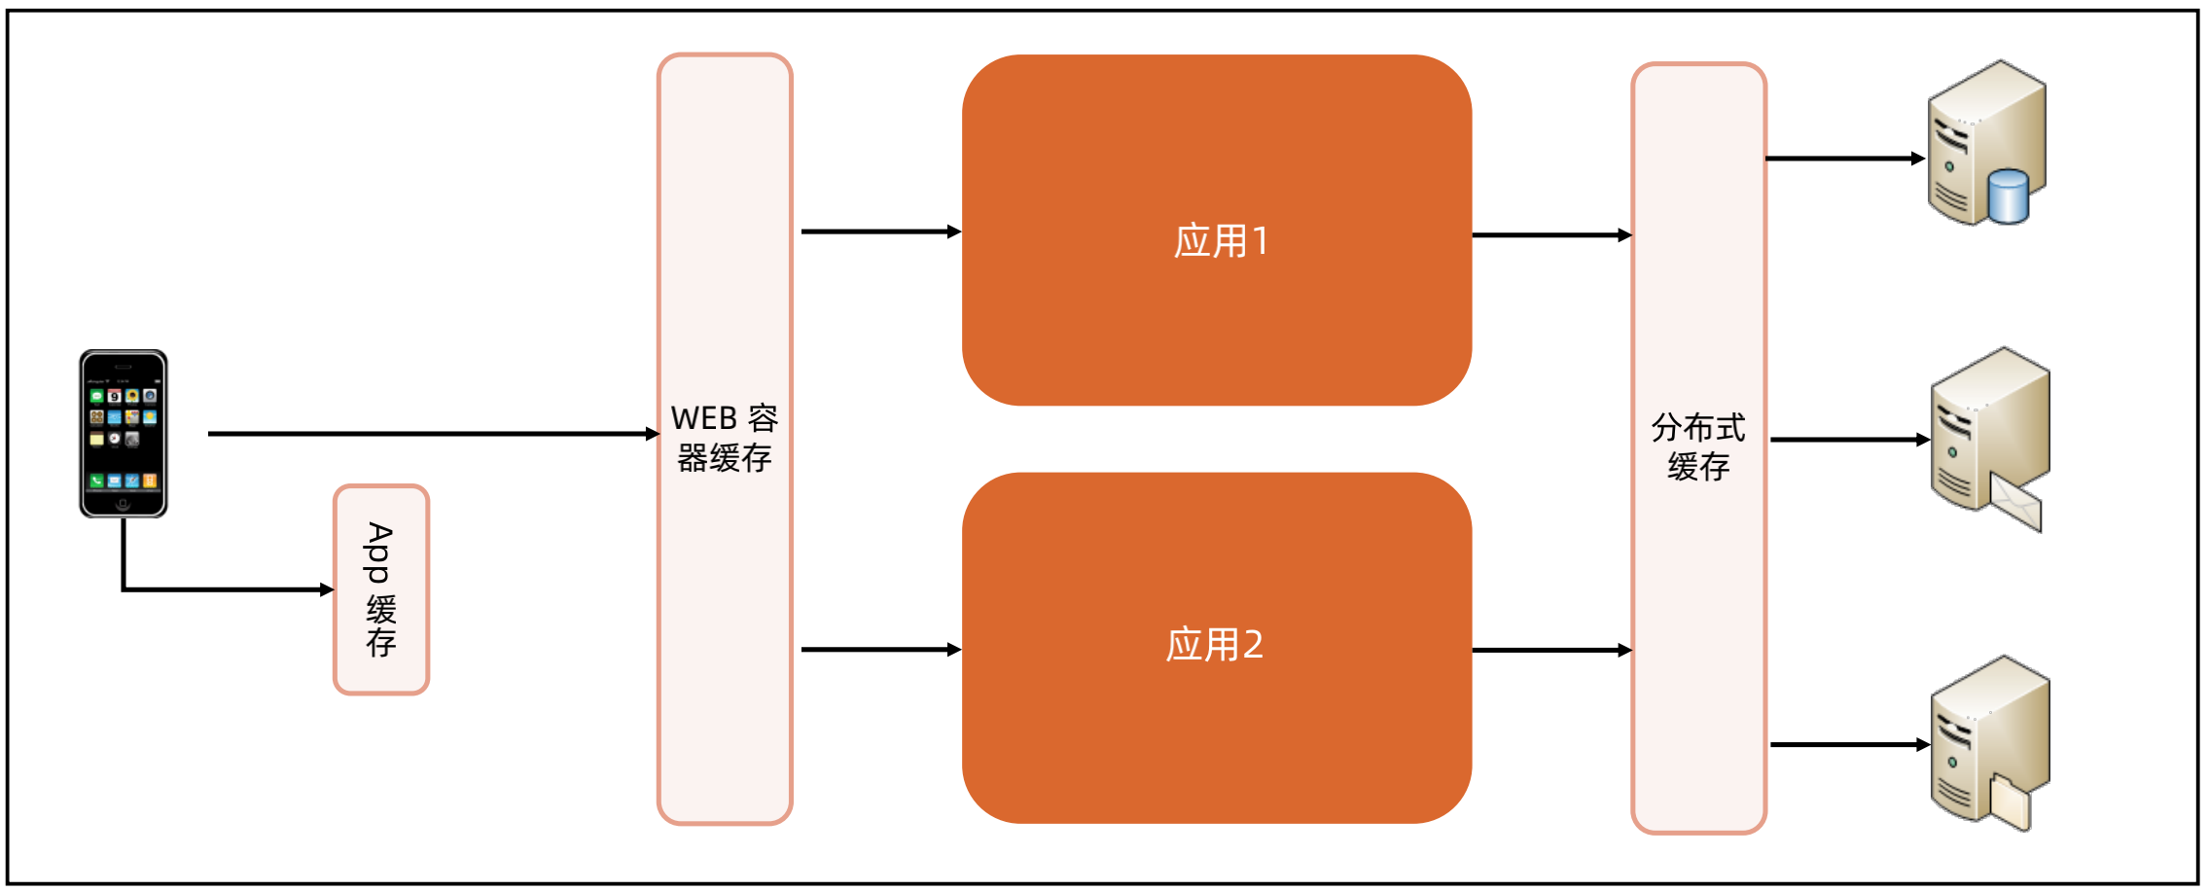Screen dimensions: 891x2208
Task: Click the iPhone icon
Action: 124,434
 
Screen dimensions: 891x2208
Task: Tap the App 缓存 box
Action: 381,589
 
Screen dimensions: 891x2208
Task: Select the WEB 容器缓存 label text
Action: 725,438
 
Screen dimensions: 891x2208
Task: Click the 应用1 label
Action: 1221,241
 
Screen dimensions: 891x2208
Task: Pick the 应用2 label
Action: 1215,645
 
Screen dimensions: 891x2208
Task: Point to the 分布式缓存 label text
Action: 1698,447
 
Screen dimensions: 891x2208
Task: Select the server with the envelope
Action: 1988,433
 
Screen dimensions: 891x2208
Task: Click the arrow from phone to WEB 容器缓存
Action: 433,434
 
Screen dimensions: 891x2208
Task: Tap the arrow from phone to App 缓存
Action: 224,588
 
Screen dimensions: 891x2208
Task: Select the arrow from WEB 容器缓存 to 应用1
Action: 880,232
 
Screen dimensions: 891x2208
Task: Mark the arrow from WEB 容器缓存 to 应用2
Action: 880,649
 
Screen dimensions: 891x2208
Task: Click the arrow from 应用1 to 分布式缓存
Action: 1551,234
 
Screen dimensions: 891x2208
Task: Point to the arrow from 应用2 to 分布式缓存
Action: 1551,650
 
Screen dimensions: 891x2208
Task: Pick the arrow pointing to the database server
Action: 1844,158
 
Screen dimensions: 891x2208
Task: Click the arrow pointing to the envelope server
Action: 1849,440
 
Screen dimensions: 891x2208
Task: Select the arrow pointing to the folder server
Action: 1849,745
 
